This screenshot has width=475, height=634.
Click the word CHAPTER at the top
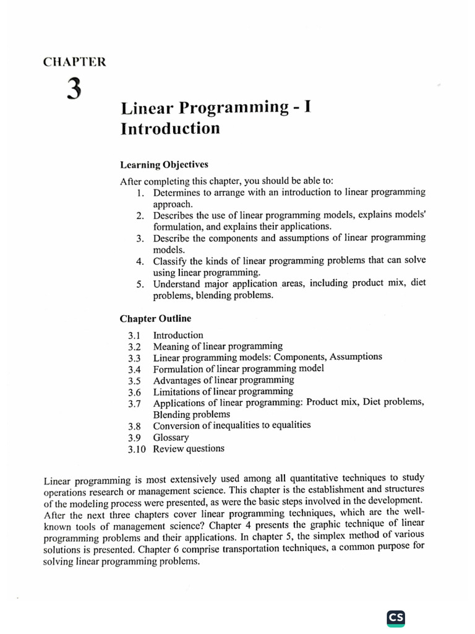[75, 62]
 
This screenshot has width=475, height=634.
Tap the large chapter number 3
[74, 90]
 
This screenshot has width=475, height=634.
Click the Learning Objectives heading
[164, 165]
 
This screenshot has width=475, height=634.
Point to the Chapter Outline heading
[155, 319]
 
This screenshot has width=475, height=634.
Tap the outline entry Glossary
[171, 437]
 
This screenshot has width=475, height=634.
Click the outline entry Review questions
[189, 448]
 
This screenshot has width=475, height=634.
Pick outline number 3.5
[135, 381]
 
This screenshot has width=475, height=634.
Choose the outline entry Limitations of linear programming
[223, 391]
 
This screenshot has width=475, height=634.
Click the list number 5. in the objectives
[140, 284]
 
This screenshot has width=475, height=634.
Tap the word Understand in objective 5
[177, 284]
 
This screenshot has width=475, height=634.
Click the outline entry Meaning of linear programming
[218, 346]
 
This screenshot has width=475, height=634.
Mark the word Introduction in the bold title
[170, 129]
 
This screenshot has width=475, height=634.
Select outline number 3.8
[135, 427]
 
